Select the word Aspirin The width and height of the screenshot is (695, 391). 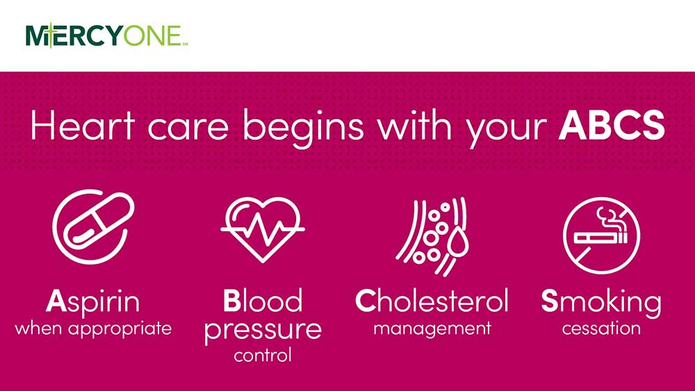[x=93, y=301]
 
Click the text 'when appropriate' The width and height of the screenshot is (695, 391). [x=93, y=328]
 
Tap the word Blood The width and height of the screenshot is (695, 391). [x=263, y=301]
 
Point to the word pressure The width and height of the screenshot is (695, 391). [x=263, y=329]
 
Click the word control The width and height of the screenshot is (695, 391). [x=263, y=356]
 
